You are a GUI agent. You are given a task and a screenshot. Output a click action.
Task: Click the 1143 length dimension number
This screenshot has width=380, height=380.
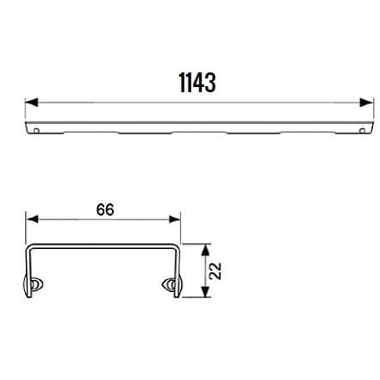pos(197,83)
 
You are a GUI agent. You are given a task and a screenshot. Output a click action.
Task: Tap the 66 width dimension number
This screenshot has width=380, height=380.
pos(105,209)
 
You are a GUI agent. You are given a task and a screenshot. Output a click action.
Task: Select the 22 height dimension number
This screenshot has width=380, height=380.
pos(215,271)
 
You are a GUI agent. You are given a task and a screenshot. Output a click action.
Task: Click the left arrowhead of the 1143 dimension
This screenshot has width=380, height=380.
pos(32,103)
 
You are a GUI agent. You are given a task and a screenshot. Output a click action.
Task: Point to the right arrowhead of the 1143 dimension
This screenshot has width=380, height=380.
pos(367,103)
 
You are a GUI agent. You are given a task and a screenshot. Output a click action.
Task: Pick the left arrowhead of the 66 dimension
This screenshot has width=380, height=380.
pos(32,220)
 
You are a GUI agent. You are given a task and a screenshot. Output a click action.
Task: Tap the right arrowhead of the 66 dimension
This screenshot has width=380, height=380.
pos(175,220)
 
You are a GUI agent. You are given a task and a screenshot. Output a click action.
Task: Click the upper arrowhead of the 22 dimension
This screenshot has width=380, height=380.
pos(205,250)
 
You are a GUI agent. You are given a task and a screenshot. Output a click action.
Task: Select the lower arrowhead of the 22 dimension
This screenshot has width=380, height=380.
pos(205,291)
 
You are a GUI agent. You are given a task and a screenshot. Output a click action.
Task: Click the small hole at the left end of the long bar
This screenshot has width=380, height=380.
pos(36,131)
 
